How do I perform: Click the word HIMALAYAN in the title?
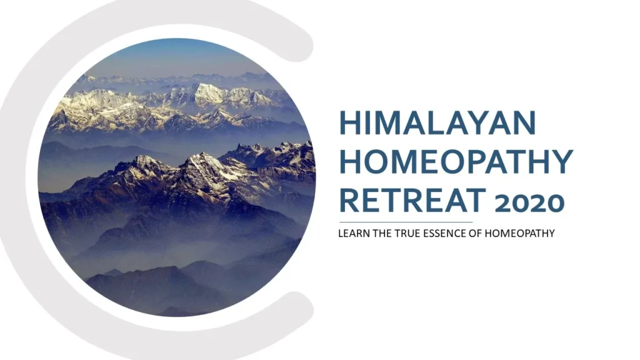tap(437, 123)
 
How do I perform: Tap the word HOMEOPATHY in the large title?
tap(456, 162)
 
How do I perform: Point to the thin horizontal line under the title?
tap(406, 222)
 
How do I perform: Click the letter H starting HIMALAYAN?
tap(351, 123)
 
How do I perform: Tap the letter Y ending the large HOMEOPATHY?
tap(561, 162)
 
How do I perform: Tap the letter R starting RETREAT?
tap(350, 201)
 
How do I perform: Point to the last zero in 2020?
tap(554, 202)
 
